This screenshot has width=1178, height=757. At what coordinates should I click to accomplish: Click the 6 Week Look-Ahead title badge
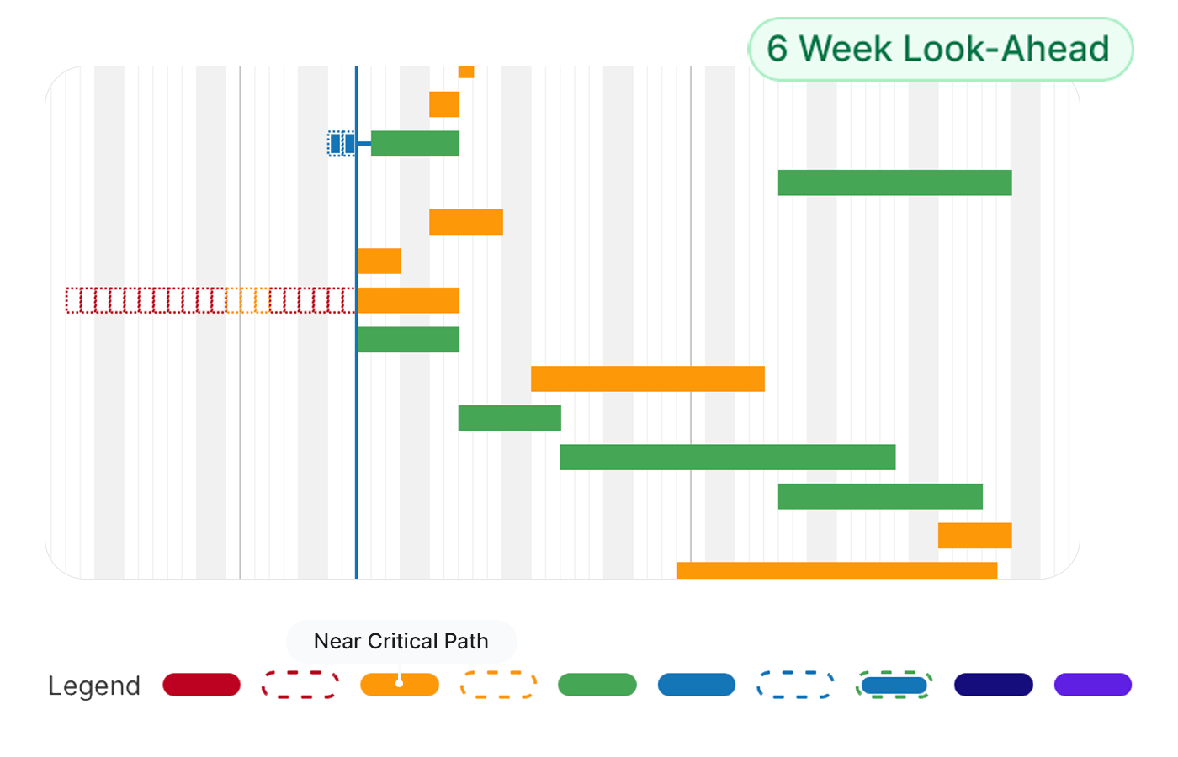click(939, 49)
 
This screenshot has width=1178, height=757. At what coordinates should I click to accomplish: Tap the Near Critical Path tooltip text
click(401, 641)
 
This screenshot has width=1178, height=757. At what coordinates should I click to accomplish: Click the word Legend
click(93, 686)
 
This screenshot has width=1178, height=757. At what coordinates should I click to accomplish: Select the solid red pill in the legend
click(201, 685)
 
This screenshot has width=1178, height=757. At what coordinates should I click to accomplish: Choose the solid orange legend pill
click(399, 685)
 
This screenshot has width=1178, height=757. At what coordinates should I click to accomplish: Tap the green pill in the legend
click(597, 685)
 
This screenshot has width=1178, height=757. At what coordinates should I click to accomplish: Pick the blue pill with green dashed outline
click(894, 685)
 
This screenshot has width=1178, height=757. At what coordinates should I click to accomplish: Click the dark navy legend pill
click(993, 685)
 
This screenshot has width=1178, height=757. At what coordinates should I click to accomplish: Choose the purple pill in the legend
click(1092, 685)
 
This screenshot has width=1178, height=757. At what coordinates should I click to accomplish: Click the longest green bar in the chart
click(727, 457)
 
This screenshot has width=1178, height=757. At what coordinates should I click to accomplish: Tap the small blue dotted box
click(341, 144)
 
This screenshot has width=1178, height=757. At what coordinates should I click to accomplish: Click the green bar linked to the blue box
click(415, 144)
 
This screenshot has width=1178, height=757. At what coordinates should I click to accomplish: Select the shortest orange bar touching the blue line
click(379, 261)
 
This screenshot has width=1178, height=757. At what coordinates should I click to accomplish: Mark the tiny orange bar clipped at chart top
click(466, 71)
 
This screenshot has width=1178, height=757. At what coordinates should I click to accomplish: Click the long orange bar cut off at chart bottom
click(836, 570)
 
